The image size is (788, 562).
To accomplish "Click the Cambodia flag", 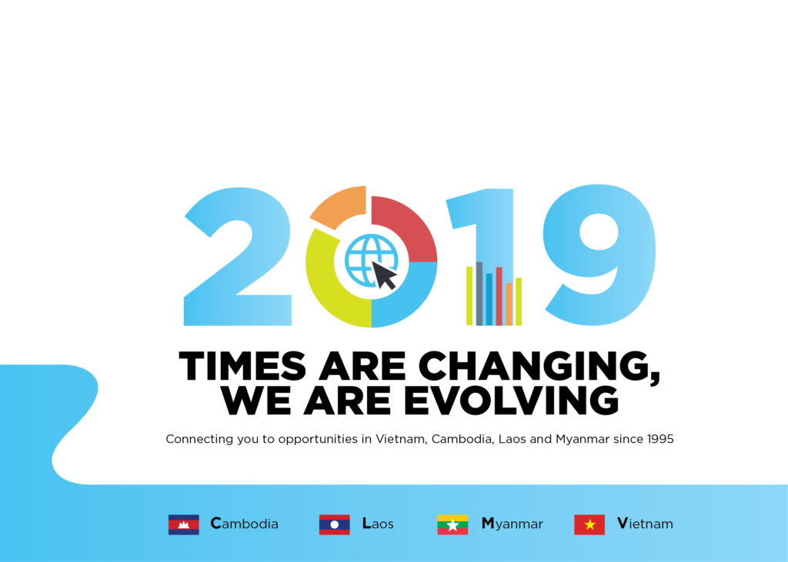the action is point(183,524).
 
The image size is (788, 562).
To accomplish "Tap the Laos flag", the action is point(334,524).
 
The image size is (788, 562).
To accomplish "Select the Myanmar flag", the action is point(452,524).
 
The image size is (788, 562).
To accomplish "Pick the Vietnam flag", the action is point(589,524).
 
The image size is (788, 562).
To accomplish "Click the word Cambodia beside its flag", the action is point(244,524).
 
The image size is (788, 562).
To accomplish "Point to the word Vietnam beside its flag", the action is point(645,524).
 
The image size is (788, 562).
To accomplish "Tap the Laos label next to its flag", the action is point(378,524).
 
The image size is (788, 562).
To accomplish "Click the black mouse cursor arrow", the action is point(384,275).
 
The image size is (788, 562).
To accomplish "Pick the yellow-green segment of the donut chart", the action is point(326,291).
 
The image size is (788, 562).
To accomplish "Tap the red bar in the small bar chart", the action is point(499,296).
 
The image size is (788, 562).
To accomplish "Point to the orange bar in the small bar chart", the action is point(509,304).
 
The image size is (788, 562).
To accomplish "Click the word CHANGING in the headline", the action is point(539,367).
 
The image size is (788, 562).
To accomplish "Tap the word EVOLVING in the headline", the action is point(511,401).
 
